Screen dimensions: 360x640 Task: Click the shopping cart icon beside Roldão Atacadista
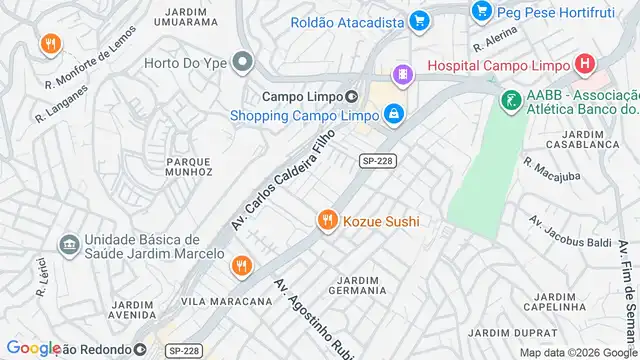[x=419, y=20]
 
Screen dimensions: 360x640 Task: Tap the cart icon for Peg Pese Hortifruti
[x=482, y=12]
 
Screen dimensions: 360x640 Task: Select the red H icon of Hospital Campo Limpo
[x=586, y=65]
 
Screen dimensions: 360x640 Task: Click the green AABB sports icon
[x=511, y=100]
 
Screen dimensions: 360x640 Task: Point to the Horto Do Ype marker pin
[x=241, y=63]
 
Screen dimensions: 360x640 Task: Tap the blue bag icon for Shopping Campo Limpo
[x=395, y=115]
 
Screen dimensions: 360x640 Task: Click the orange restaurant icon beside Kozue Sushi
[x=326, y=221]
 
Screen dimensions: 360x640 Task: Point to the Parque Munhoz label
[x=189, y=165]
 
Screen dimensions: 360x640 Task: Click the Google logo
[x=33, y=348]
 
